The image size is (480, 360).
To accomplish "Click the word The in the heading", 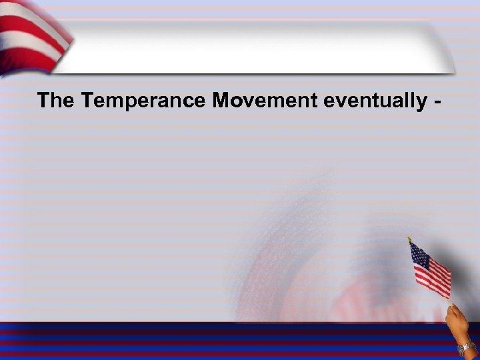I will (57, 101).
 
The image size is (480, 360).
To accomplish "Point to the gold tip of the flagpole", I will (409, 238).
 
